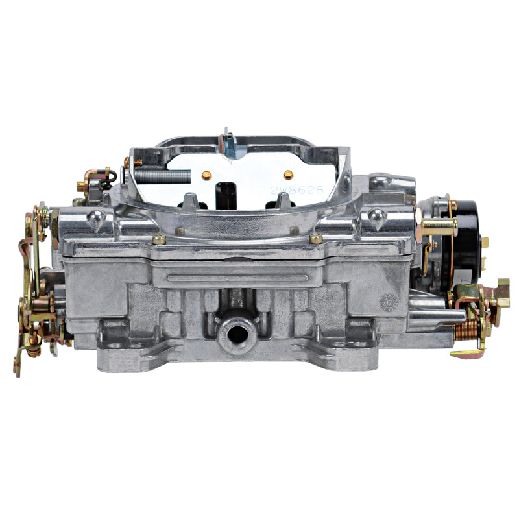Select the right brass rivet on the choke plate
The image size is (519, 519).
coord(288,174)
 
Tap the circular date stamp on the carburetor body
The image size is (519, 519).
coord(387,302)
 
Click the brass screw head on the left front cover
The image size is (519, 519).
coord(159,239)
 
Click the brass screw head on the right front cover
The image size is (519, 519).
coord(316,238)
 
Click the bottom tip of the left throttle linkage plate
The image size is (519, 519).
coord(18,370)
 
